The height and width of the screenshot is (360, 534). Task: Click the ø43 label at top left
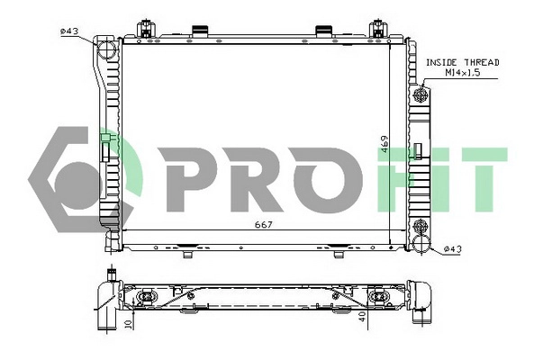[x=70, y=31]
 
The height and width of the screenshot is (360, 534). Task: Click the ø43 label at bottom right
[x=452, y=249]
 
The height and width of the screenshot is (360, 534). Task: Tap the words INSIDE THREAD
[x=462, y=62]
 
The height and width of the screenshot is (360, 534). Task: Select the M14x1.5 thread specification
[x=462, y=73]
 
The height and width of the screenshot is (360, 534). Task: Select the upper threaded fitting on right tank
[x=421, y=94]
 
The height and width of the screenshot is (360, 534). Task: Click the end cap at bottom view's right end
[x=421, y=301]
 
